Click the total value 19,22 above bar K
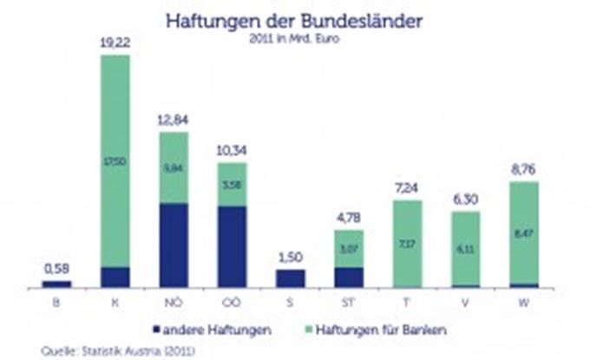[115, 43]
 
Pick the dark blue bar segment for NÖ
[174, 245]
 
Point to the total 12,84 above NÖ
[174, 119]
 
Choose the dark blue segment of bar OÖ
[232, 246]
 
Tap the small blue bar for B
[56, 283]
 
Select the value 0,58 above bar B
[56, 270]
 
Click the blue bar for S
[291, 278]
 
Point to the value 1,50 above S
[291, 257]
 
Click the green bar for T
[407, 243]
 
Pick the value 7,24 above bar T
[407, 188]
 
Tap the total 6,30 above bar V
[466, 199]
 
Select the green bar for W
[524, 232]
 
